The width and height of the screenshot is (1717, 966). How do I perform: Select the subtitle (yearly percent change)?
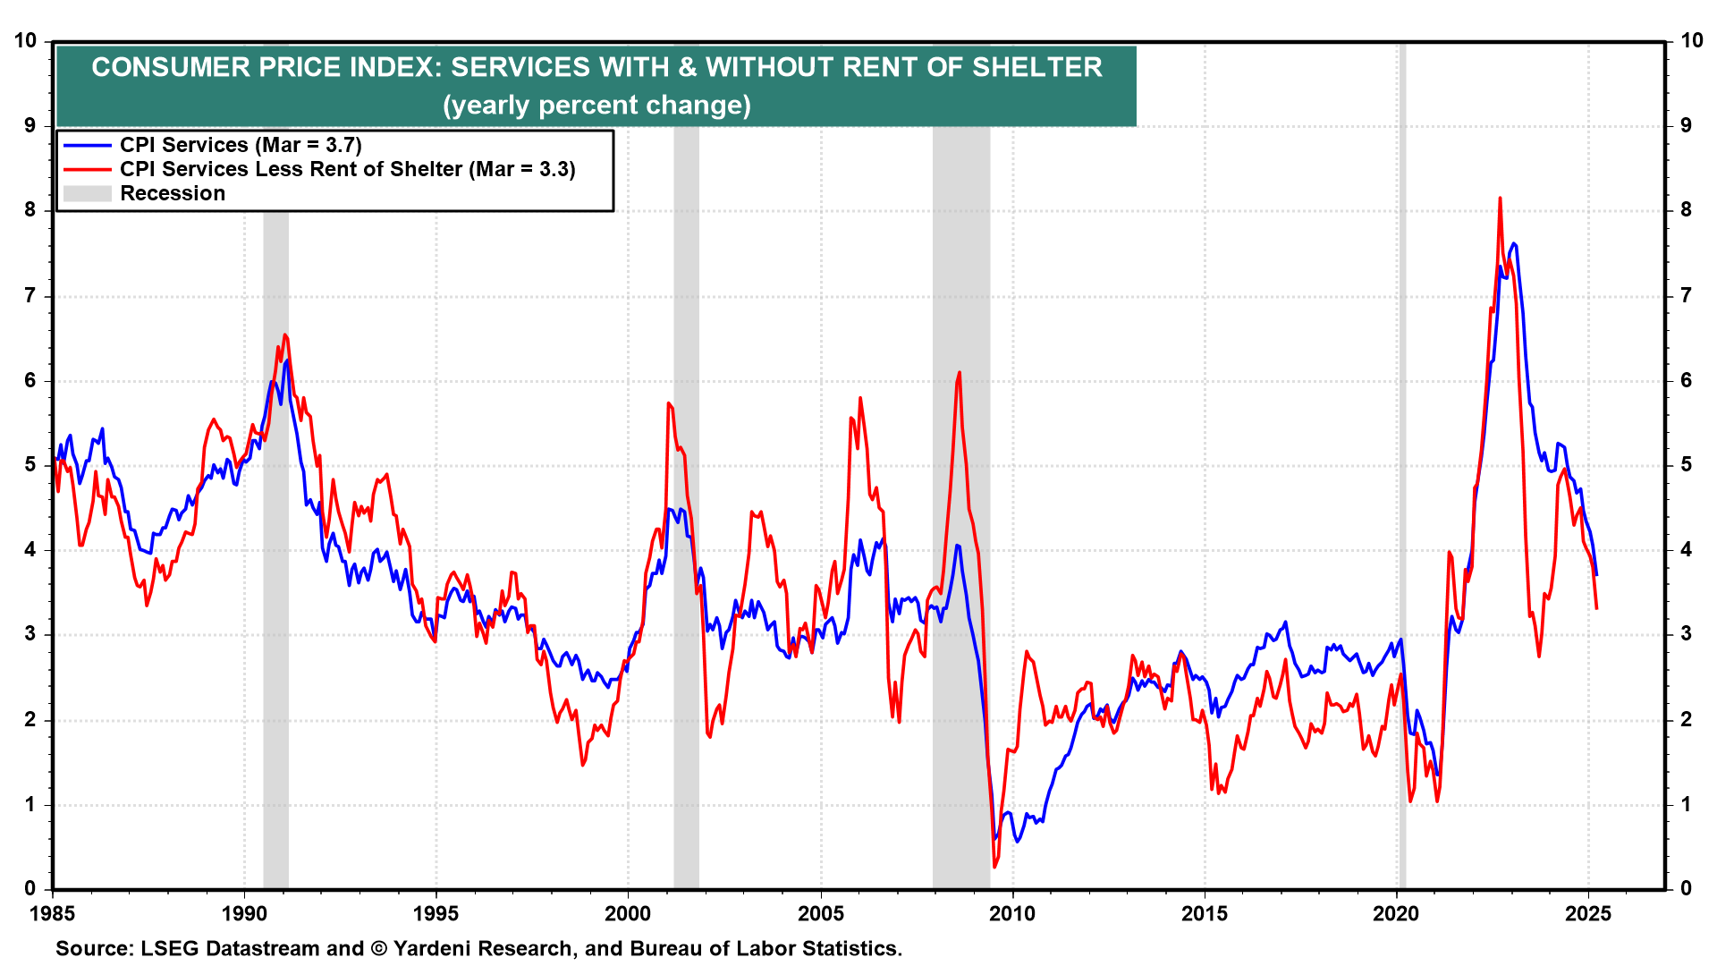596,106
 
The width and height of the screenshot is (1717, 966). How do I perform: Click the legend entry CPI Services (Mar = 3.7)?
241,145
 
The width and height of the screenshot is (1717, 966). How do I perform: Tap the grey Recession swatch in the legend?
87,193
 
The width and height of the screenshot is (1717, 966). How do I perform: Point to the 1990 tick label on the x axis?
243,913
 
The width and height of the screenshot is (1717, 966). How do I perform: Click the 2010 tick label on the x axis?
1012,913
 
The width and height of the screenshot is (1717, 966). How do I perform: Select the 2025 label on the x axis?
1588,913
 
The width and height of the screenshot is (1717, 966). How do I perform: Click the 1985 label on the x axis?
52,913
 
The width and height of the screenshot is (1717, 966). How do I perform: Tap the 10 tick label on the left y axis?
25,40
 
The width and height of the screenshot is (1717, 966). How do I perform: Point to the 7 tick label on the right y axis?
1686,295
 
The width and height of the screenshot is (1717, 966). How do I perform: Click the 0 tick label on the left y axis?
30,888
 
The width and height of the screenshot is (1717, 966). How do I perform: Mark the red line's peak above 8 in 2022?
1500,199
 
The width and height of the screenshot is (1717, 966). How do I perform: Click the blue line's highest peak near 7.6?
1513,243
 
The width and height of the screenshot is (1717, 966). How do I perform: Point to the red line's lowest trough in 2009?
994,866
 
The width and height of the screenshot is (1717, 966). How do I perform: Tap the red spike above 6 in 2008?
960,373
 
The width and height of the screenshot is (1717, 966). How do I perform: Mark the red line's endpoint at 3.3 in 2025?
1596,608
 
